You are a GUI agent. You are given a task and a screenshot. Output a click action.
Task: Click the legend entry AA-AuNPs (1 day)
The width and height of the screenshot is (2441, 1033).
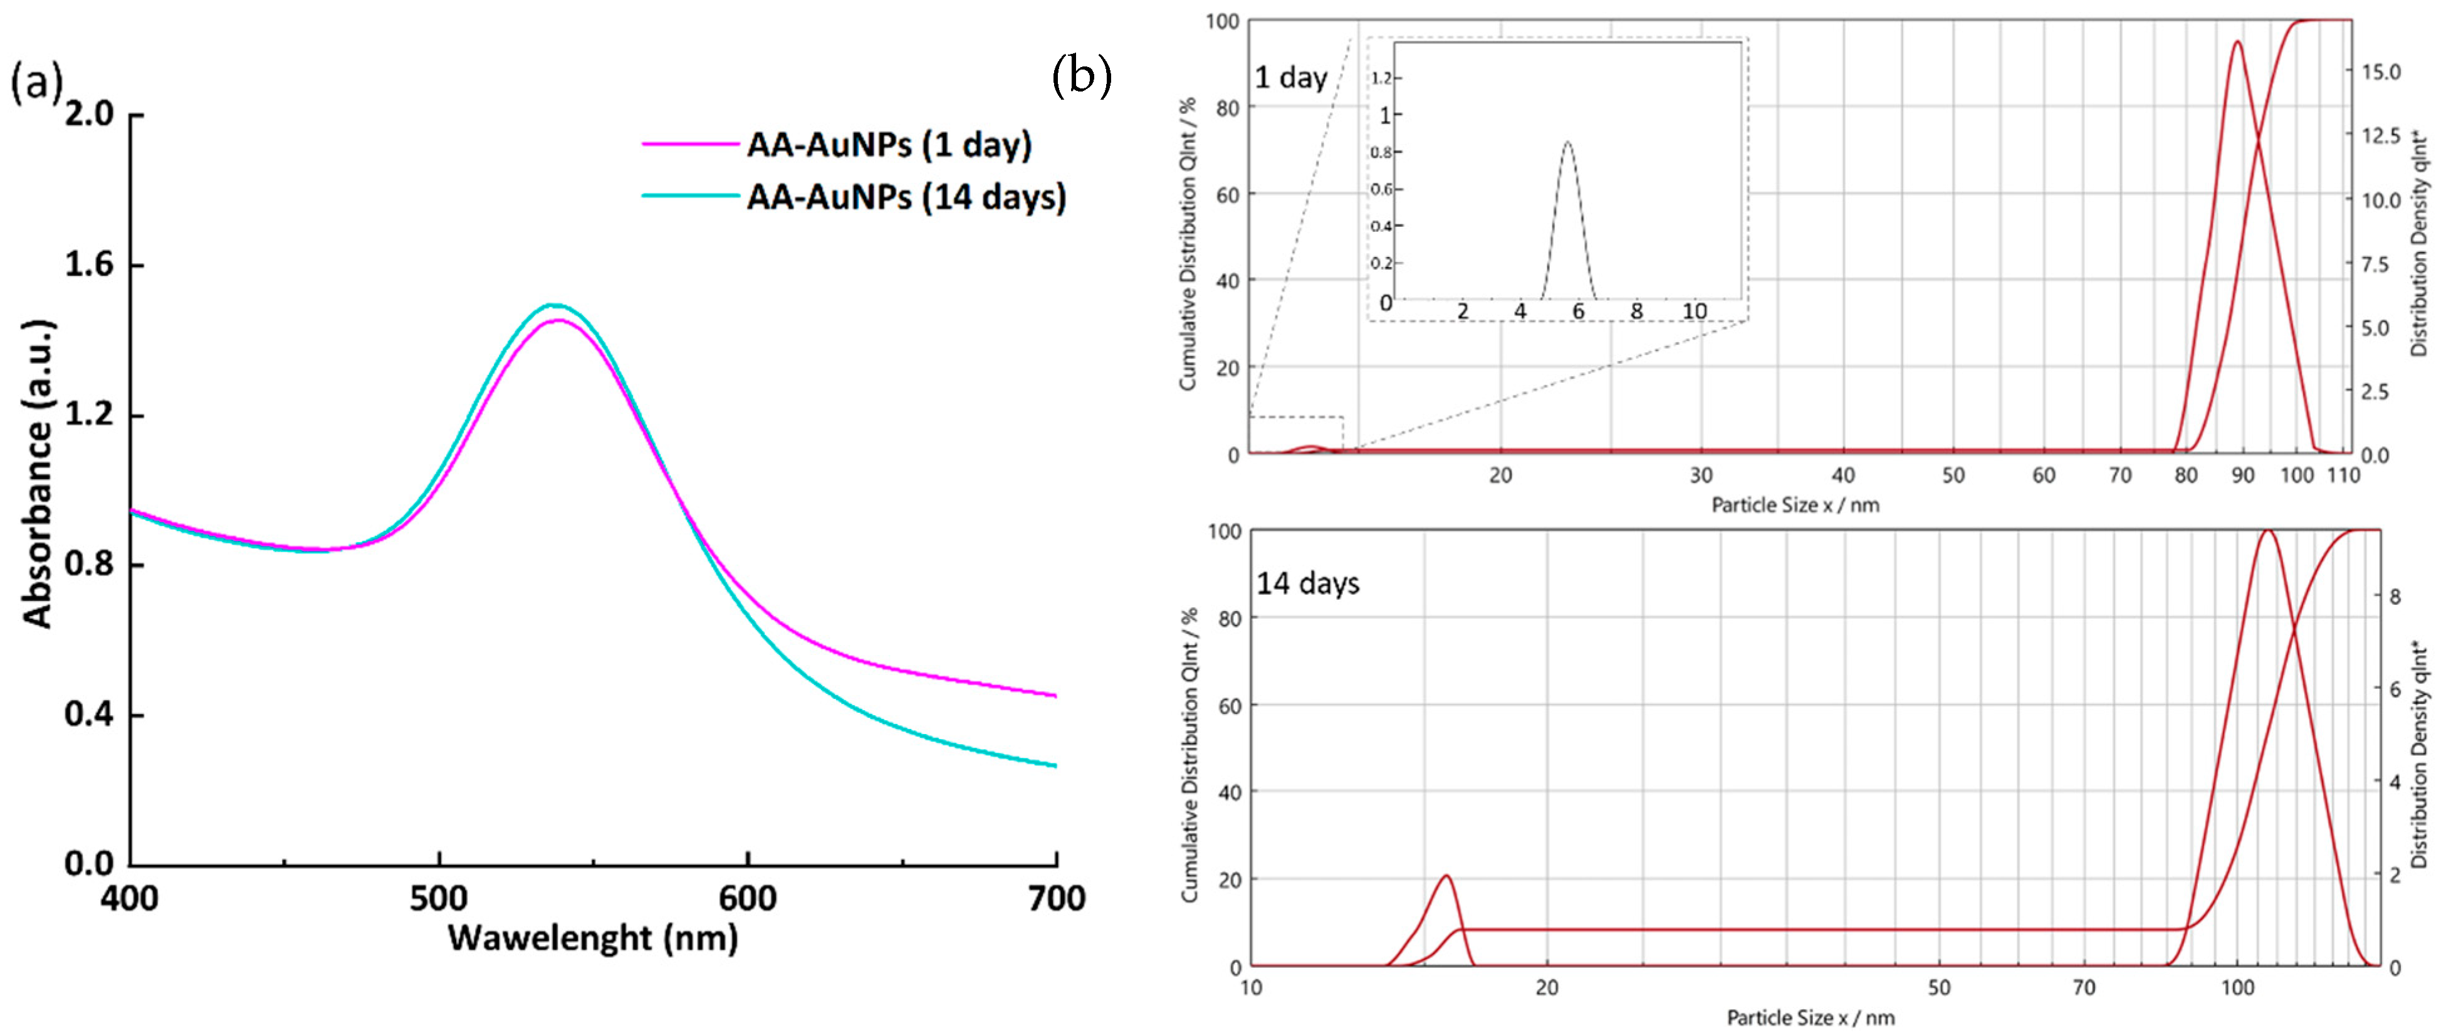point(889,145)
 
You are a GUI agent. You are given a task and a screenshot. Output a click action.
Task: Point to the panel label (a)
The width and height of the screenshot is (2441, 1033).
point(36,83)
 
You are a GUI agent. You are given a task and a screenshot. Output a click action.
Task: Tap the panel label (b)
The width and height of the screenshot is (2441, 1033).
point(1081,76)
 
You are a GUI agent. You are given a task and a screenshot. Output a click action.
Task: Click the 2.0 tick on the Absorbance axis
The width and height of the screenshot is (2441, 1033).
point(88,115)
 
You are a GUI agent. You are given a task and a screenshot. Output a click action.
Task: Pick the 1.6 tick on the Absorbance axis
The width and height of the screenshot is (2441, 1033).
point(88,265)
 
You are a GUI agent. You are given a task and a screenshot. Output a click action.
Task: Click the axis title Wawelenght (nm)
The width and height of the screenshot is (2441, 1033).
point(592,938)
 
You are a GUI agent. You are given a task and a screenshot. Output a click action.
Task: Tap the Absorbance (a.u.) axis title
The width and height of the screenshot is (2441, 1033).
point(38,474)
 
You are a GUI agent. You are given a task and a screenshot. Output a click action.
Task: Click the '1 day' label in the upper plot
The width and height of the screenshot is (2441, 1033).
point(1290,78)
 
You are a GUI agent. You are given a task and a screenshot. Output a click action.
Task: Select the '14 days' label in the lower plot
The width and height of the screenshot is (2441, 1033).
point(1308,583)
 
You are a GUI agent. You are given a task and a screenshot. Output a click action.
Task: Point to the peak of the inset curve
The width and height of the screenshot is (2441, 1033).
point(1567,142)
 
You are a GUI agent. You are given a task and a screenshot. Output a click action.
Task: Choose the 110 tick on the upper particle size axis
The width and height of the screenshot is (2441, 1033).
point(2343,475)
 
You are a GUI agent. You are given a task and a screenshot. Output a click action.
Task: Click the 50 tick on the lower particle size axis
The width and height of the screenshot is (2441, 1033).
point(1939,987)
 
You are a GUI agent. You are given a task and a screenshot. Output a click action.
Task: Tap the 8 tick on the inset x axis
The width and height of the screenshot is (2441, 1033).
point(1636,311)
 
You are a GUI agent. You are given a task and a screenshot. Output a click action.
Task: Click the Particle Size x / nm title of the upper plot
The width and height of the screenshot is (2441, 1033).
point(1795,505)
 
